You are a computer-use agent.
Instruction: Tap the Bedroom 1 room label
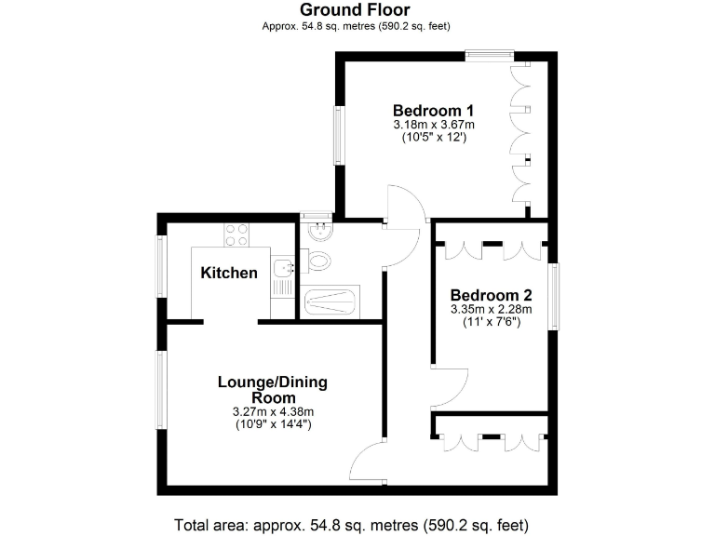pyautogui.click(x=433, y=108)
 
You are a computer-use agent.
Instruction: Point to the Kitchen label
pyautogui.click(x=229, y=274)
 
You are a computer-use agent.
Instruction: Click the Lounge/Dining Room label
pyautogui.click(x=272, y=390)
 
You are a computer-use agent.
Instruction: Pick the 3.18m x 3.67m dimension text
pyautogui.click(x=433, y=124)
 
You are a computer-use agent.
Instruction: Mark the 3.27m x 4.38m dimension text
pyautogui.click(x=272, y=411)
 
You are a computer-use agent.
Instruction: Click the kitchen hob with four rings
pyautogui.click(x=236, y=234)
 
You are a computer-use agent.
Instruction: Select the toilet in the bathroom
pyautogui.click(x=318, y=261)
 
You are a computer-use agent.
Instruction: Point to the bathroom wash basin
pyautogui.click(x=318, y=229)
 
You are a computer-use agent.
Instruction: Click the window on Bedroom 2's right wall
pyautogui.click(x=554, y=296)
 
